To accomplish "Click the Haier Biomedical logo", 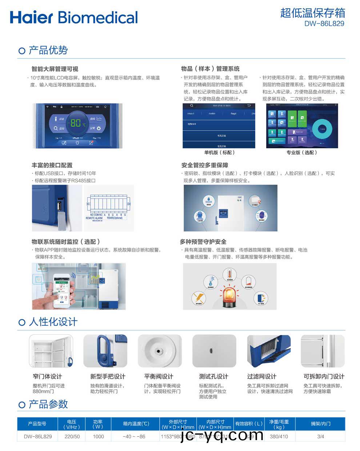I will pos(74,17).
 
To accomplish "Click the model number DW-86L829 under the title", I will pos(324,24).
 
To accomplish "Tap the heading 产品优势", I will pos(48,50).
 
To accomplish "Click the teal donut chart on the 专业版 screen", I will pos(322,129).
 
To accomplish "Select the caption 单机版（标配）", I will pos(219,153).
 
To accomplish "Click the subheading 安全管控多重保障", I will pos(204,165).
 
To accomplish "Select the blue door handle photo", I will pos(105,351).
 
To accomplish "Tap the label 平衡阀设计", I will pos(159,376).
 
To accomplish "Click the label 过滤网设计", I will pos(261,376).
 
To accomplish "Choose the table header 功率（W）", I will pos(98,424).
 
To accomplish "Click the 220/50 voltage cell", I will pos(72,436).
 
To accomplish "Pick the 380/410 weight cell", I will pos(279,436).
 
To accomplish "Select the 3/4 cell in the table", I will pos(320,436).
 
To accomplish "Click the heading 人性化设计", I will pos(53,322).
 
